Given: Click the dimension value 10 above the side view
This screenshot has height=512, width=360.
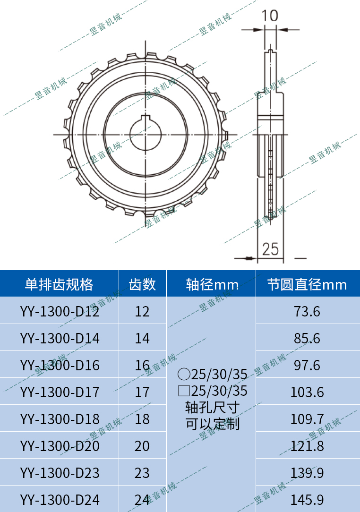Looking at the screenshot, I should pos(270,16).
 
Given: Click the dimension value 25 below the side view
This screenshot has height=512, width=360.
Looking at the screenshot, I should pos(270,249).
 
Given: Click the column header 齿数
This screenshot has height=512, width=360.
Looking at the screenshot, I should pos(142,284).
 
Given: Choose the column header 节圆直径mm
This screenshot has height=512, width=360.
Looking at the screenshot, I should pos(307,284).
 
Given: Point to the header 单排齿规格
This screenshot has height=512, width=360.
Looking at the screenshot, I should pos(59,284).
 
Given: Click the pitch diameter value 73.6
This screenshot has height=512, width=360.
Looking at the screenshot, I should pos(307,311).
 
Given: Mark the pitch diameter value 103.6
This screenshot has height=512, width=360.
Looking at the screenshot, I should pos(307,392).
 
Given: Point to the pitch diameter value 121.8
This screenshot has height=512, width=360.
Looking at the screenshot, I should pos(307,446).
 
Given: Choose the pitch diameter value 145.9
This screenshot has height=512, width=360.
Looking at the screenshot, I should pos(307,499).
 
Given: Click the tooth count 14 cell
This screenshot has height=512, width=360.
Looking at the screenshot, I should pos(142,338).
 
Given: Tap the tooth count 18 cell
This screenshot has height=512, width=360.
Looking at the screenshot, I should pos(142,419).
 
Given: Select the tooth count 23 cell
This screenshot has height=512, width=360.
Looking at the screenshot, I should pos(142,473).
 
